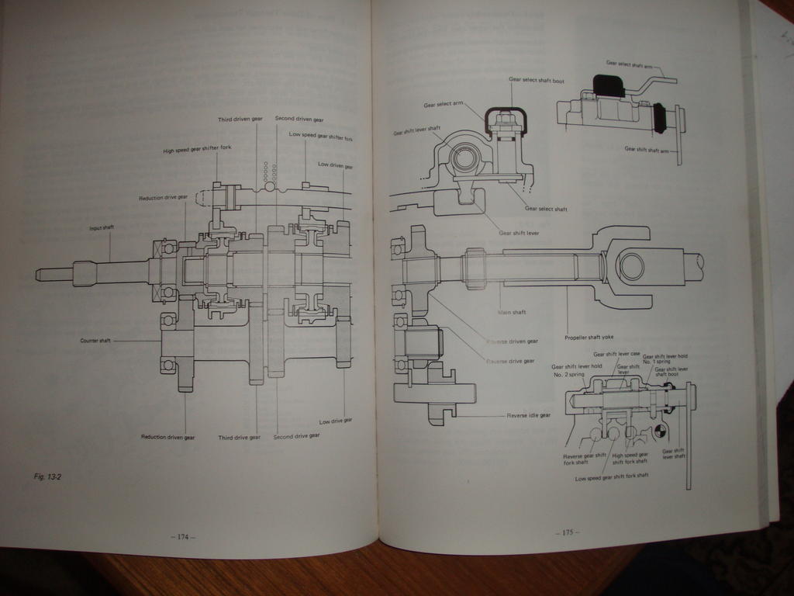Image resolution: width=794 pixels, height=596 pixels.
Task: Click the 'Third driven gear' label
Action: tap(240, 120)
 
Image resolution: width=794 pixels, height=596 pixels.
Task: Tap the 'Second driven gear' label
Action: tap(299, 120)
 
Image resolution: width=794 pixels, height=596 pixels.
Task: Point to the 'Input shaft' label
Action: tap(102, 228)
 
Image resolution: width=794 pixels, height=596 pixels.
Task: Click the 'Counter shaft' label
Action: tap(95, 340)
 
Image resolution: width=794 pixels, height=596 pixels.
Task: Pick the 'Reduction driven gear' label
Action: tap(167, 437)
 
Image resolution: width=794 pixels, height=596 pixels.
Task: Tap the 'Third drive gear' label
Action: tap(239, 437)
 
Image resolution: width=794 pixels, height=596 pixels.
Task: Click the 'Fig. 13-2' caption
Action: tap(47, 476)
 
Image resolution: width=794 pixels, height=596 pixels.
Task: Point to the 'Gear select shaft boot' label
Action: tap(537, 79)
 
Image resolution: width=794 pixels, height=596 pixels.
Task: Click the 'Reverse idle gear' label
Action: tap(528, 415)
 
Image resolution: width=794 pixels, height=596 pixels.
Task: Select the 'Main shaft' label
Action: tap(512, 312)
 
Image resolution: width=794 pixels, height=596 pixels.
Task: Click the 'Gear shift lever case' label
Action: tap(616, 354)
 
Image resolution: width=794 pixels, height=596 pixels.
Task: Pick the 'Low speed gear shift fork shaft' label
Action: tap(612, 476)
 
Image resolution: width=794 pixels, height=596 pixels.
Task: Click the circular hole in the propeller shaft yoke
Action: tap(630, 266)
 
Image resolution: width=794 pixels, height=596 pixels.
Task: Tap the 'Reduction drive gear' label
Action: tap(163, 198)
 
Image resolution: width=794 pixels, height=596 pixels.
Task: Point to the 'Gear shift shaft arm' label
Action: tap(646, 149)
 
